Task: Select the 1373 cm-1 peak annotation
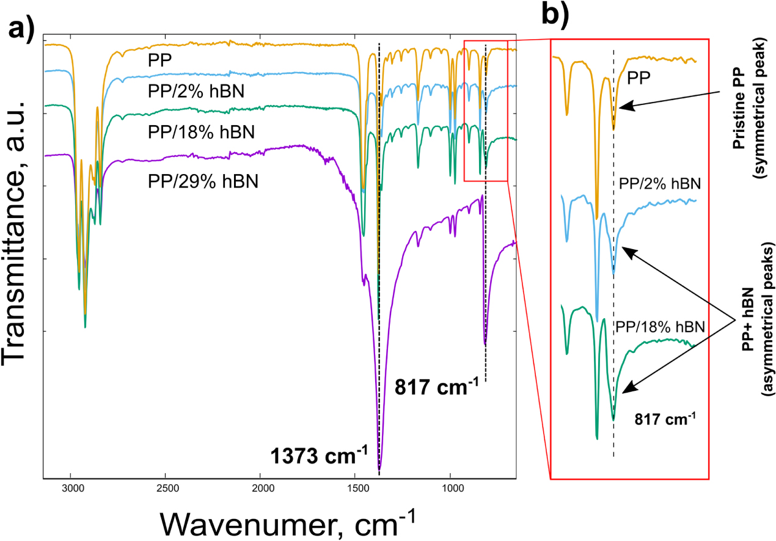318,456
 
